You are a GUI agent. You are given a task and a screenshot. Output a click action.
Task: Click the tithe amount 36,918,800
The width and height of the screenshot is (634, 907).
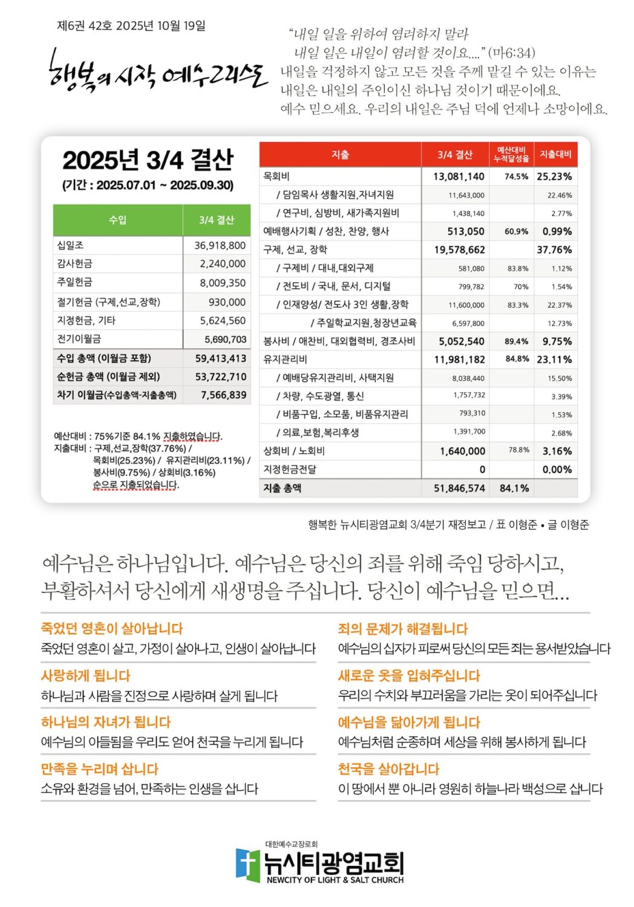coord(220,245)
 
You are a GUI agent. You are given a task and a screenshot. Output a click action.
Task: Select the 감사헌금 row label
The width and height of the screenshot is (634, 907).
coord(75,264)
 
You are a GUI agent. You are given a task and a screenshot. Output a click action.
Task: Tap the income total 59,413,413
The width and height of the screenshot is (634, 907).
coord(220,358)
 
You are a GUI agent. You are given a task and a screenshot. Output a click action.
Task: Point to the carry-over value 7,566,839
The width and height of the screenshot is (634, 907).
coord(223,395)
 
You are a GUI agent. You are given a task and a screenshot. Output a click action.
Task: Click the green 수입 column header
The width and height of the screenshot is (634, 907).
coord(117,219)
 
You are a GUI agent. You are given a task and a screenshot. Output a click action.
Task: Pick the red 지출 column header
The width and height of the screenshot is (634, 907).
coord(340,155)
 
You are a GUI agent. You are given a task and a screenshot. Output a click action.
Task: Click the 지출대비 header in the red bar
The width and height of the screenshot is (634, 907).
coord(555,154)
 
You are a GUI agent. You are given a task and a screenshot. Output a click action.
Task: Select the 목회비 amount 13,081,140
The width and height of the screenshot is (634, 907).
coord(459,177)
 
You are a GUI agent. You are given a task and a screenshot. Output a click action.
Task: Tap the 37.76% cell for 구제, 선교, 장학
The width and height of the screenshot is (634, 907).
coord(554,250)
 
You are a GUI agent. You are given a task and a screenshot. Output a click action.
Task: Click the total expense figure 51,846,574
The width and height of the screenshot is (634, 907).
coord(459,488)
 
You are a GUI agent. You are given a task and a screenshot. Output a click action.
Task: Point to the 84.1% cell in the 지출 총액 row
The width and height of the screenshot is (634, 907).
coord(514,488)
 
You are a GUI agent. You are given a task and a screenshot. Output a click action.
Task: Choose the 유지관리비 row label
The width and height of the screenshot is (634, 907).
coord(285,359)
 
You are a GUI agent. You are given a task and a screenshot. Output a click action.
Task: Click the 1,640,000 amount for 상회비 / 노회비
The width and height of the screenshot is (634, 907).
coord(462,451)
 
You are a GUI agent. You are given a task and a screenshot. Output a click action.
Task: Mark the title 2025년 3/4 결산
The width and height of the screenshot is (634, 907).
coord(148,160)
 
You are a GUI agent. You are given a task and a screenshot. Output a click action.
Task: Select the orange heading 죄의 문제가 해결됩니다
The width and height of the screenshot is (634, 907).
coord(403,629)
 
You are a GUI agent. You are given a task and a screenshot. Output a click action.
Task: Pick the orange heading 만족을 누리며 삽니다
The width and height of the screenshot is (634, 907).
coord(99,769)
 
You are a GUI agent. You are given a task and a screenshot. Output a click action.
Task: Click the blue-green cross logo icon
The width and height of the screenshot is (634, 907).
coord(247,865)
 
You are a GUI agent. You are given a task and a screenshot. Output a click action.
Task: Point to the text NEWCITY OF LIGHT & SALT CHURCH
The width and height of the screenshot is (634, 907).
coord(335,880)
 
